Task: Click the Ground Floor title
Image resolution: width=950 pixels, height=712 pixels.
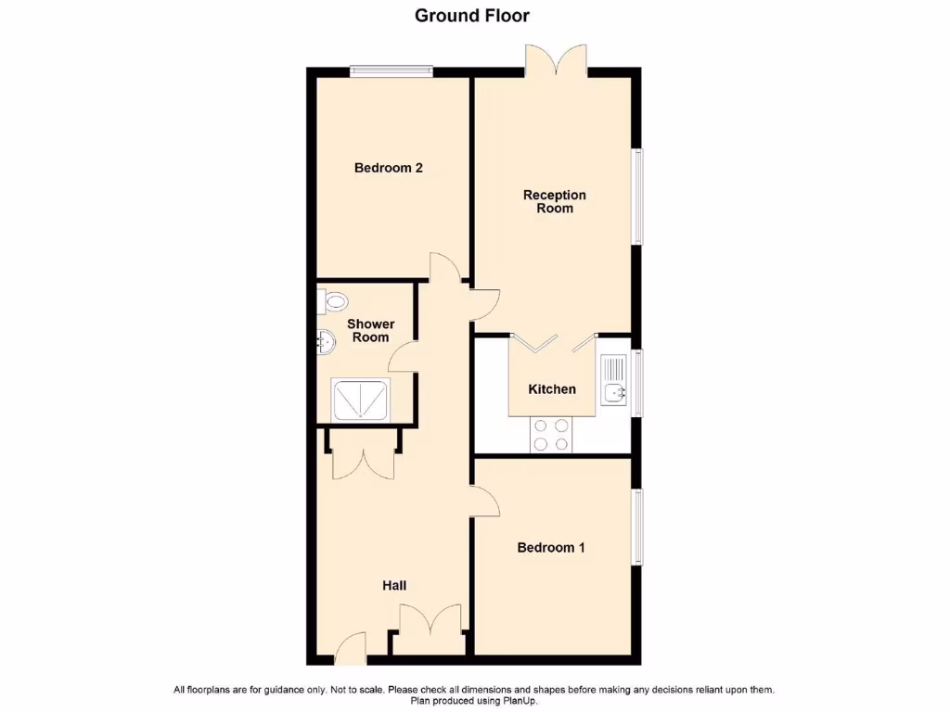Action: point(472,15)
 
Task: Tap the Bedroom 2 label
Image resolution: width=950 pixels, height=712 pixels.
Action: point(389,168)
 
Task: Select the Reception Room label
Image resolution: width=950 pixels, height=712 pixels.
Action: point(555,201)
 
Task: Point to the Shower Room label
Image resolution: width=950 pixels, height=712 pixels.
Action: point(370,330)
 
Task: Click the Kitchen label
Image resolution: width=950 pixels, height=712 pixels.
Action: point(552,389)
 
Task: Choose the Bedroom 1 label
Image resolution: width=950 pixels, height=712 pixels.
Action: point(551,547)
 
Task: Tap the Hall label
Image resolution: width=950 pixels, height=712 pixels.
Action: point(394,586)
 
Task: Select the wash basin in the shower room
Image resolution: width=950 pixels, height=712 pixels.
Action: point(326,342)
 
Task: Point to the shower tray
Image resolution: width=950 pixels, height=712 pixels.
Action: point(361,400)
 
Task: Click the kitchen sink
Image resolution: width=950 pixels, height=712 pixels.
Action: point(615,380)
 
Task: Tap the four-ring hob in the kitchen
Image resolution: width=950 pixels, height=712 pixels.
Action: point(551,435)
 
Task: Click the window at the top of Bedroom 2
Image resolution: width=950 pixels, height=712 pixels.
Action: point(392,69)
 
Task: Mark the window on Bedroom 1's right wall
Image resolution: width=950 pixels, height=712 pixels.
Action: point(637,527)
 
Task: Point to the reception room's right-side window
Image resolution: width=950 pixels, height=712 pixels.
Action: point(637,197)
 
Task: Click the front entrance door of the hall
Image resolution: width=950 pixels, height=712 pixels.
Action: point(352,649)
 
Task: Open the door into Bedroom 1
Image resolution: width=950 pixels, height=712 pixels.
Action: point(486,501)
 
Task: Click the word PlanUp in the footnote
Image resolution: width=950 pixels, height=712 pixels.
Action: point(520,701)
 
